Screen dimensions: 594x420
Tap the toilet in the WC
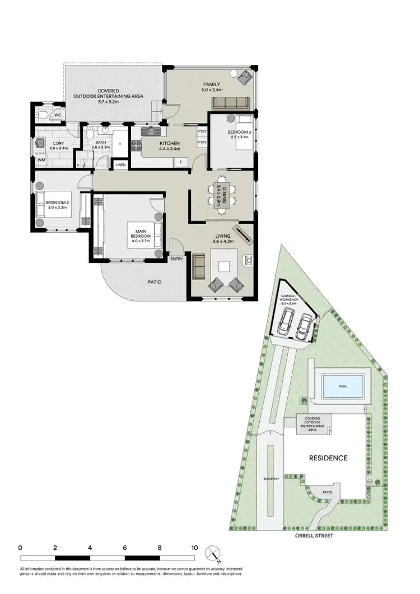43,115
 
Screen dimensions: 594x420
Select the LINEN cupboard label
120,165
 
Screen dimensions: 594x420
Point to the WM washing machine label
41,160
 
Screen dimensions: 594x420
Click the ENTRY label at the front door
177,259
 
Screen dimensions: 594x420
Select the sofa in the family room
230,102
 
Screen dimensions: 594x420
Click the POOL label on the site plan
343,386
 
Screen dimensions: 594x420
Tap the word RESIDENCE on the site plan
329,458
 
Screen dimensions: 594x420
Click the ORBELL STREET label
314,536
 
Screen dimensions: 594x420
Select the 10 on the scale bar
194,548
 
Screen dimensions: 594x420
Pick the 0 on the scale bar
20,548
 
